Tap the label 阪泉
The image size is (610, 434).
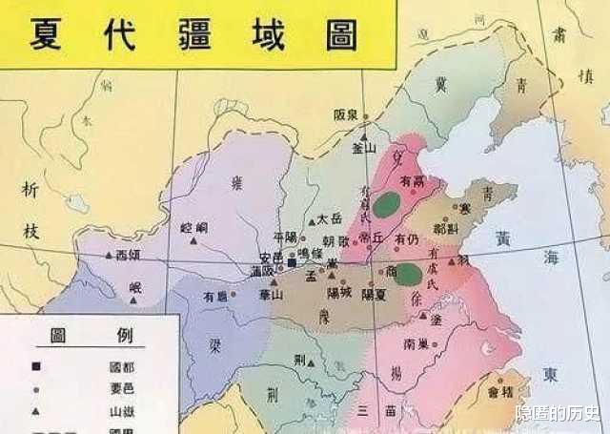[x=348, y=114]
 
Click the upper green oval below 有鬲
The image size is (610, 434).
[x=386, y=203]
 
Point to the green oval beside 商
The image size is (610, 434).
[x=409, y=274]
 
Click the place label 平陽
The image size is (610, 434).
[x=285, y=238]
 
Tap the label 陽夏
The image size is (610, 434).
[x=375, y=295]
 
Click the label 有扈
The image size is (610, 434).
[x=215, y=298]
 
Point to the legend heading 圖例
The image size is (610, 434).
[x=85, y=336]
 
